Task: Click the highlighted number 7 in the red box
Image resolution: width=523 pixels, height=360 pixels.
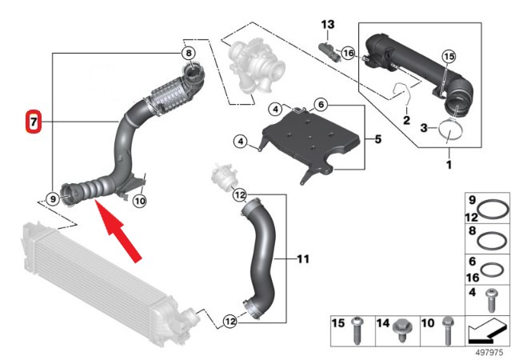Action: pyautogui.click(x=33, y=122)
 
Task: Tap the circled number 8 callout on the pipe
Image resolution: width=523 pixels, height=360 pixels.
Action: pyautogui.click(x=188, y=54)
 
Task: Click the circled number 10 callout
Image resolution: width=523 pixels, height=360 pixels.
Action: pyautogui.click(x=139, y=201)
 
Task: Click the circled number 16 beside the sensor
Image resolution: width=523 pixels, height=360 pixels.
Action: pyautogui.click(x=347, y=53)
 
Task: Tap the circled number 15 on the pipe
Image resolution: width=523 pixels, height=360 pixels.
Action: pyautogui.click(x=448, y=56)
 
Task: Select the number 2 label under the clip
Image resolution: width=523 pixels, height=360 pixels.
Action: pyautogui.click(x=406, y=121)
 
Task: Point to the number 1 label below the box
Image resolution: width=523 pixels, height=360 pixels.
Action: pyautogui.click(x=449, y=165)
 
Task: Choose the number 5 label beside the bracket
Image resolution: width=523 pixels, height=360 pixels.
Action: pyautogui.click(x=378, y=138)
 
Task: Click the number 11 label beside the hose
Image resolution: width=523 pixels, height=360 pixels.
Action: pyautogui.click(x=302, y=259)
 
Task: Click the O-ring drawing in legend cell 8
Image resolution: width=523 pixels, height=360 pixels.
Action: pyautogui.click(x=497, y=239)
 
